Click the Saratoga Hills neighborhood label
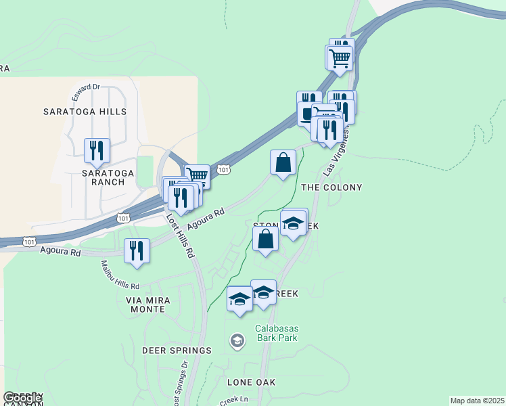pyautogui.click(x=85, y=111)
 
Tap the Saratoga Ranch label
pyautogui.click(x=99, y=177)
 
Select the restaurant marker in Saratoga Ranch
pyautogui.click(x=97, y=150)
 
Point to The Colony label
pyautogui.click(x=331, y=187)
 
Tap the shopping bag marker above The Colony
pyautogui.click(x=283, y=162)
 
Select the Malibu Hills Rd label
pyautogui.click(x=120, y=275)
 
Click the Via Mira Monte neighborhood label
pyautogui.click(x=145, y=304)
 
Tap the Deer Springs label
pyautogui.click(x=177, y=351)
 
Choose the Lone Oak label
pyautogui.click(x=251, y=382)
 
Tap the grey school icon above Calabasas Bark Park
pyautogui.click(x=237, y=341)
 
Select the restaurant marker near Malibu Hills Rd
pyautogui.click(x=137, y=250)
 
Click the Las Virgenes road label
pyautogui.click(x=339, y=150)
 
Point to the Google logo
pyautogui.click(x=22, y=398)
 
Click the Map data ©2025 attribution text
pyautogui.click(x=477, y=401)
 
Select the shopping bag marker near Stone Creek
pyautogui.click(x=266, y=239)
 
